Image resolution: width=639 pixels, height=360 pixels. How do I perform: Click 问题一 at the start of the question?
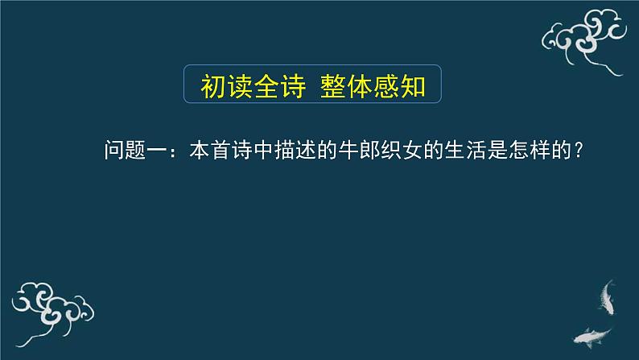[x=135, y=151]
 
